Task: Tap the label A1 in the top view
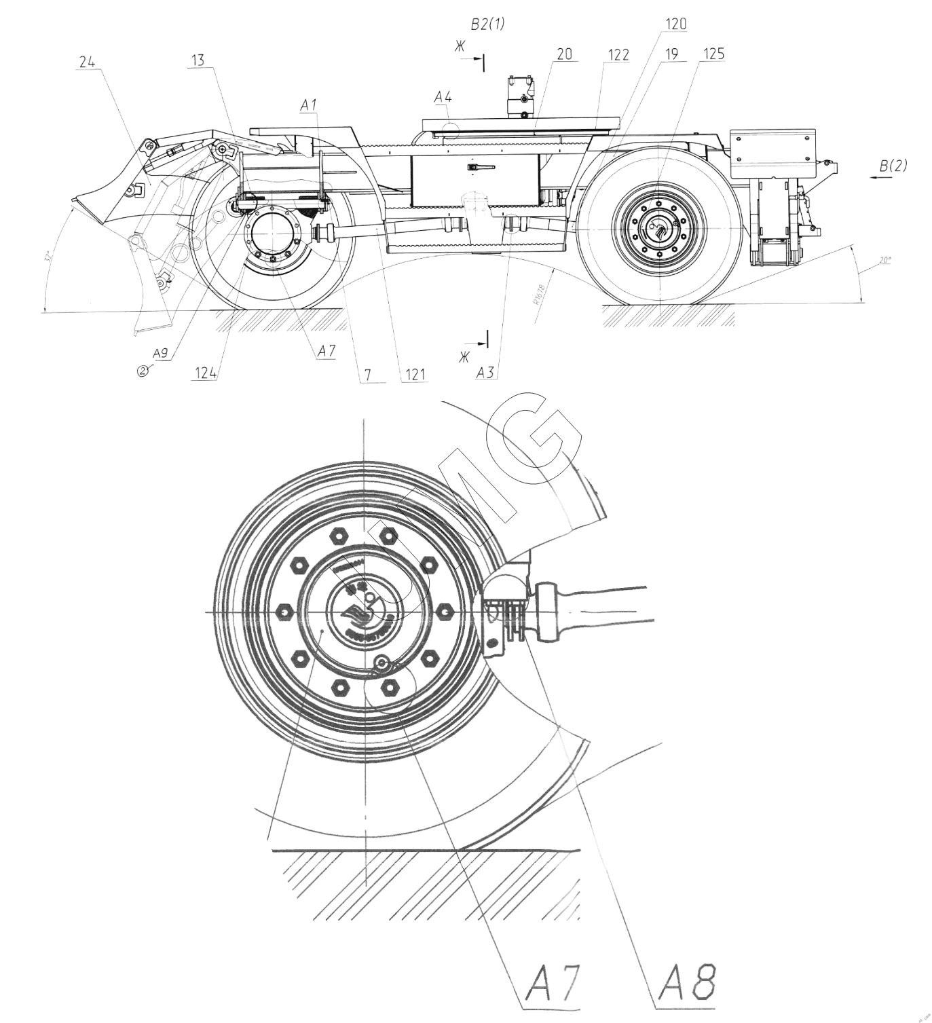point(310,105)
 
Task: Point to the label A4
point(443,97)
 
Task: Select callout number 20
point(565,54)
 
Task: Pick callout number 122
point(618,54)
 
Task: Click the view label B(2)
point(893,165)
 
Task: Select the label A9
point(160,353)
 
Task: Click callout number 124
point(204,373)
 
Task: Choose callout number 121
point(414,373)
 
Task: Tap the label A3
point(485,372)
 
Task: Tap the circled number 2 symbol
point(143,370)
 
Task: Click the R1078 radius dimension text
point(539,295)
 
